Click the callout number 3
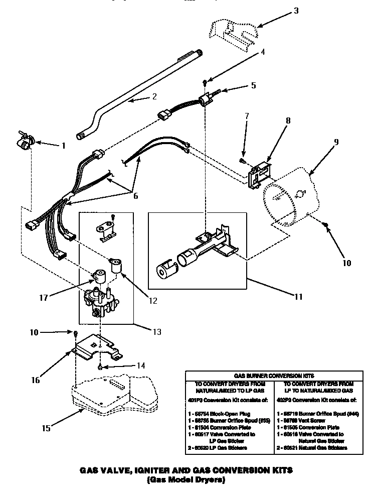296,11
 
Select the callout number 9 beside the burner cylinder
336,142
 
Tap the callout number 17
43,297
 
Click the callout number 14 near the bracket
141,365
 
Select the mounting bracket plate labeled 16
98,349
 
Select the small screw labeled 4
205,82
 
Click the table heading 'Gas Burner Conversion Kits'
274,375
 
